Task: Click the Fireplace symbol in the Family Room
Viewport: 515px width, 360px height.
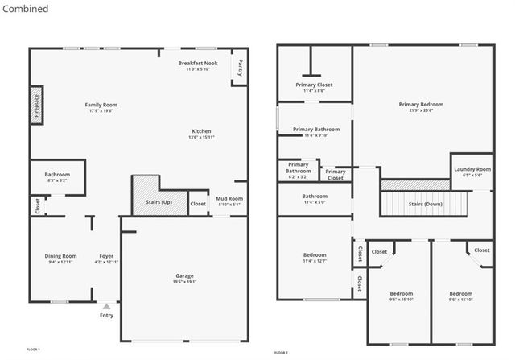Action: point(36,106)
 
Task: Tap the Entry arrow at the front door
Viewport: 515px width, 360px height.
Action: point(106,307)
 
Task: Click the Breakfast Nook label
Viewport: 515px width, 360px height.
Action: point(198,63)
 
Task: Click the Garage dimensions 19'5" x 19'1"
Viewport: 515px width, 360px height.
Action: point(185,282)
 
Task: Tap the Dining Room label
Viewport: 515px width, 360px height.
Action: point(60,256)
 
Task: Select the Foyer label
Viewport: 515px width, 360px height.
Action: point(106,256)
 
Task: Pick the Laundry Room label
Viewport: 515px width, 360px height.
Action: point(472,169)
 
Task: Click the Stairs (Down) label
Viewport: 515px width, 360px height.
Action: point(426,205)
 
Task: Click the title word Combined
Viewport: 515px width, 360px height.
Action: point(25,9)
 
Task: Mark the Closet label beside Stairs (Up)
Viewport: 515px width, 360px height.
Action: point(198,204)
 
